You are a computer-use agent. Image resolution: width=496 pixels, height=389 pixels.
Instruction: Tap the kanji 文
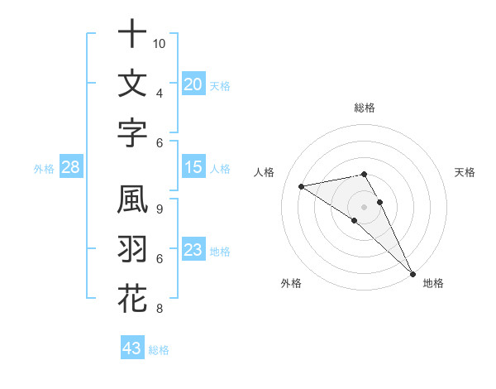point(132,84)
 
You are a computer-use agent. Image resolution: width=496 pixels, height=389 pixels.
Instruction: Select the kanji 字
point(132,132)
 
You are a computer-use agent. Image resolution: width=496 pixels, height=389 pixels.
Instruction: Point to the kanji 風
point(132,201)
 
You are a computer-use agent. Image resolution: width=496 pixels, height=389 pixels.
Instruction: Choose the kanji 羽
point(132,250)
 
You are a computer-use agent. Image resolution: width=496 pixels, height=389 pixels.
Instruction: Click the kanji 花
point(132,299)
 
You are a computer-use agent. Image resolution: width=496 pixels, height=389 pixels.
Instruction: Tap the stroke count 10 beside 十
point(160,43)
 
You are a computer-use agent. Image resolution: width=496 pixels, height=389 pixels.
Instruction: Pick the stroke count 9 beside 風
point(160,209)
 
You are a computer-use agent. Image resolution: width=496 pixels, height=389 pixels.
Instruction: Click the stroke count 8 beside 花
point(160,309)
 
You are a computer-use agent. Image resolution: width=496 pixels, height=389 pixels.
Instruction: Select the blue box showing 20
point(193,84)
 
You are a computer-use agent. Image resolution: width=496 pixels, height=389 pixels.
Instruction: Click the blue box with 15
point(193,167)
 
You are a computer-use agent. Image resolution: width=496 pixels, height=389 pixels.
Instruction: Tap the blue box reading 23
point(193,250)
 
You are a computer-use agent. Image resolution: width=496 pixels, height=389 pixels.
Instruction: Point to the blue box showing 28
point(71,168)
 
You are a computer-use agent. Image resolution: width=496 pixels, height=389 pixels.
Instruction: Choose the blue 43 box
point(132,348)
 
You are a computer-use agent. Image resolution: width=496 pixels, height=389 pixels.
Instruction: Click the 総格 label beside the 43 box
point(160,350)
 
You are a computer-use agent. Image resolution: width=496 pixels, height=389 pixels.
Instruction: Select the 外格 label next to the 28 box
point(44,169)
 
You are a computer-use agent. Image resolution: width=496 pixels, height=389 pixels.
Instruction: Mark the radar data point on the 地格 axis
point(413,272)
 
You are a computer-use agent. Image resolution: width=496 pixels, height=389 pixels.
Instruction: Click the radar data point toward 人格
point(301,186)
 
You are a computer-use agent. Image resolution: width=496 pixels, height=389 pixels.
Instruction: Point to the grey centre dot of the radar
point(364,205)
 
